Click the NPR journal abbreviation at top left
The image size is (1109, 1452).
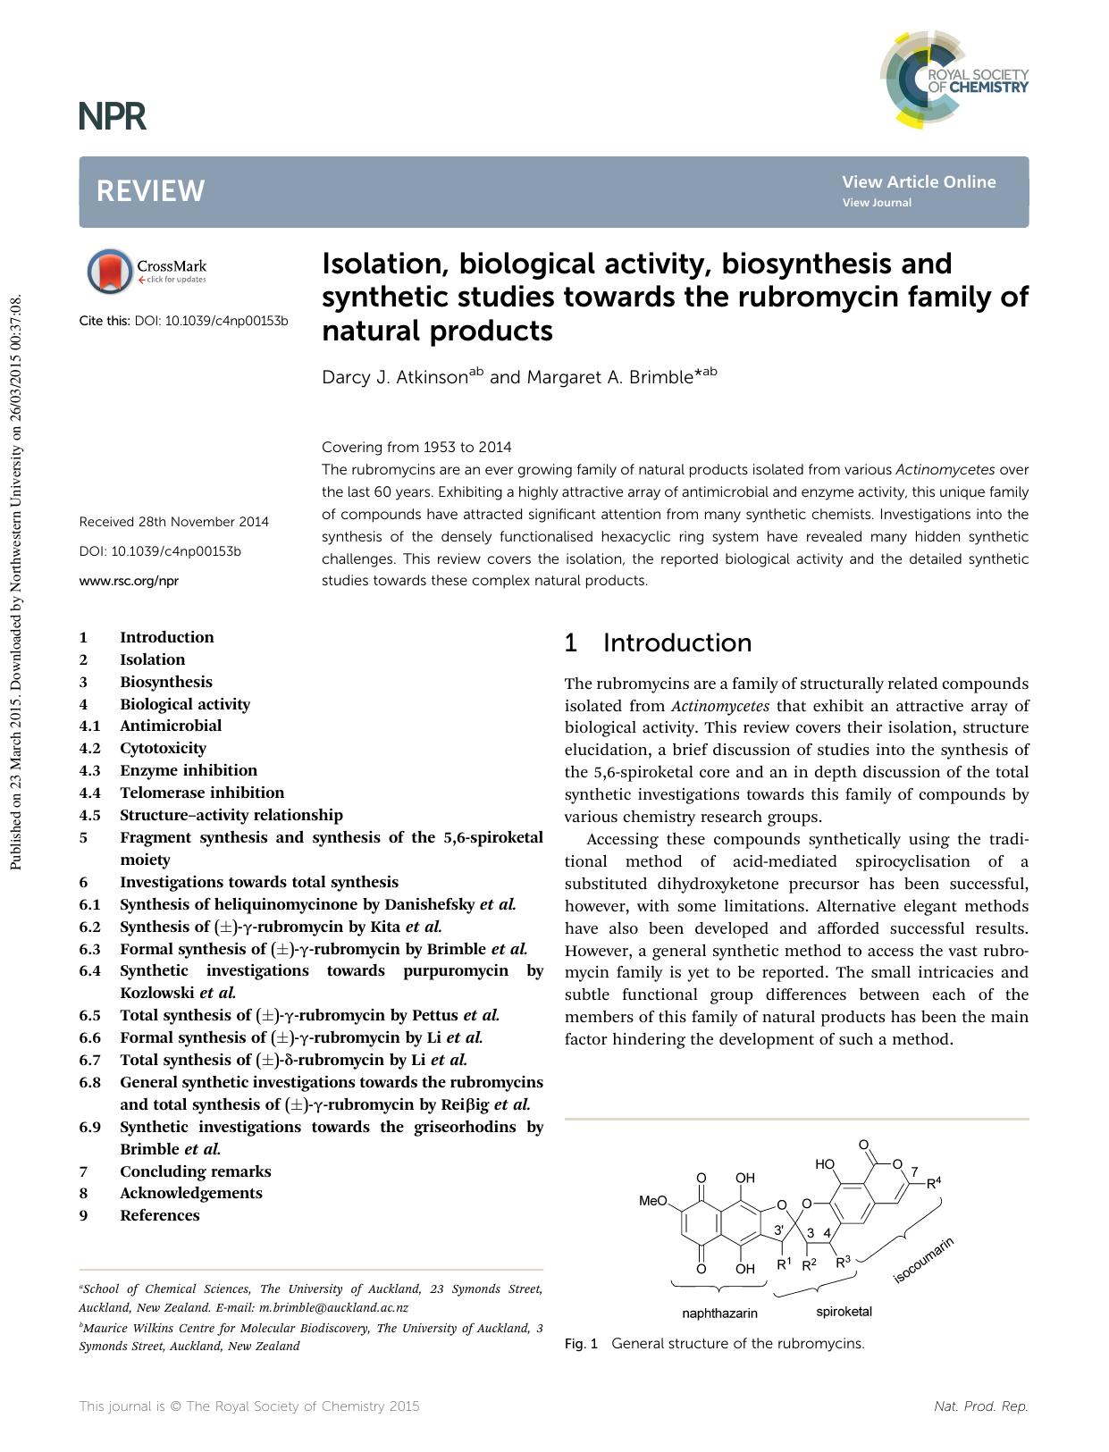pos(112,116)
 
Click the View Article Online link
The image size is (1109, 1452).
pos(918,181)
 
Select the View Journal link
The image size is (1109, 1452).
pos(876,203)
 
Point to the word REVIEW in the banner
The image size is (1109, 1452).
pos(150,191)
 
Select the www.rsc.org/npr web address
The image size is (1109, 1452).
pos(129,581)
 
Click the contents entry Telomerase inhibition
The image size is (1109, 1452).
pos(202,793)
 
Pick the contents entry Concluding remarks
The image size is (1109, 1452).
pos(195,1171)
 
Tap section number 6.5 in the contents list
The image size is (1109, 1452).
pos(89,1015)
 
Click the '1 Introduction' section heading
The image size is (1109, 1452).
pos(658,643)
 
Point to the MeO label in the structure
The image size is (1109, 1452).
pos(652,1201)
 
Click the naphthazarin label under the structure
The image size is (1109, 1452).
pos(719,1313)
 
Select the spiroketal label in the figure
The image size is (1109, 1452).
pos(844,1312)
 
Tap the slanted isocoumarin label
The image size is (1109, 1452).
pos(924,1261)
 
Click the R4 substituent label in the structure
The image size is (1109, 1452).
pos(933,1183)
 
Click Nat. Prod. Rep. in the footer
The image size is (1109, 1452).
pos(980,1406)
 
